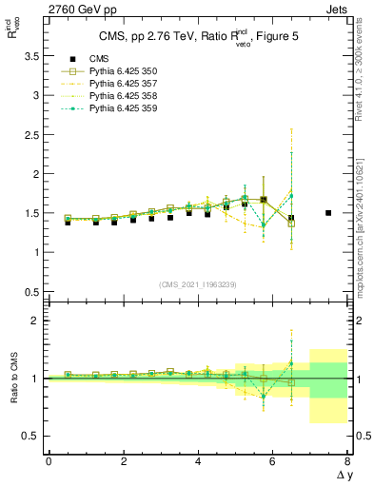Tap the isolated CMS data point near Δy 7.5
coord(328,213)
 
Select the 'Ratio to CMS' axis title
coord(14,378)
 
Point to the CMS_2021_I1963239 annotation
coord(197,283)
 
